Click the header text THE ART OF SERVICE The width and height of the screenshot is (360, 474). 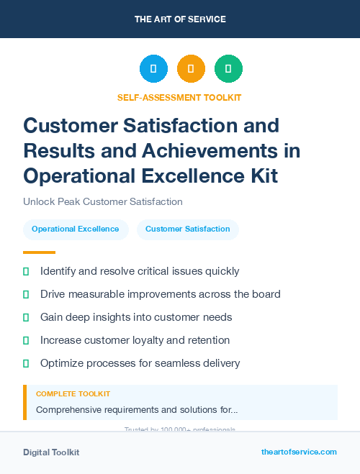pyautogui.click(x=180, y=19)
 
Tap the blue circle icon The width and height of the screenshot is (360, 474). pyautogui.click(x=153, y=69)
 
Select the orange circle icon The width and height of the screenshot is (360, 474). pyautogui.click(x=191, y=69)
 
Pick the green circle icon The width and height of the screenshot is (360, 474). pyautogui.click(x=228, y=69)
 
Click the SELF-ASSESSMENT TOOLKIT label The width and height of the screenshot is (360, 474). pyautogui.click(x=179, y=97)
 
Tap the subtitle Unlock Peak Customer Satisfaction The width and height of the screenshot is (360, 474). pyautogui.click(x=103, y=202)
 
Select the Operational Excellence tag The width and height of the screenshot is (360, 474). pyautogui.click(x=76, y=229)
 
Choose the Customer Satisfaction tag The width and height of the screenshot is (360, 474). pyautogui.click(x=188, y=229)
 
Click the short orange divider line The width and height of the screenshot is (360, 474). pyautogui.click(x=39, y=252)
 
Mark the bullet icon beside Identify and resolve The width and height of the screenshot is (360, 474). pyautogui.click(x=26, y=272)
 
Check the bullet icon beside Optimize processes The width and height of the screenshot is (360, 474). pyautogui.click(x=26, y=363)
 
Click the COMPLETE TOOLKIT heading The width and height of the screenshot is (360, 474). pyautogui.click(x=73, y=394)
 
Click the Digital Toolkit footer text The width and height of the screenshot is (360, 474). pyautogui.click(x=51, y=452)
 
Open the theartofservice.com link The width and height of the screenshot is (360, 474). pyautogui.click(x=299, y=452)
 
